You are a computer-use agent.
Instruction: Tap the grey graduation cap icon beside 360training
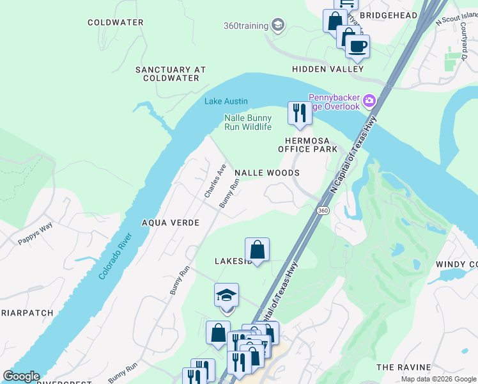(277, 26)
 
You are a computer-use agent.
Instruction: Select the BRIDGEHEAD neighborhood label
(389, 15)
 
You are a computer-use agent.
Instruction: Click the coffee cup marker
(357, 46)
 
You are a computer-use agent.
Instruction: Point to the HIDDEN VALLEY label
(328, 69)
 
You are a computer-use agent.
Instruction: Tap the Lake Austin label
(226, 101)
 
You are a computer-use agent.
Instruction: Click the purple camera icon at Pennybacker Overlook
(369, 101)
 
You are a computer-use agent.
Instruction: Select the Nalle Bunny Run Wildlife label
(248, 122)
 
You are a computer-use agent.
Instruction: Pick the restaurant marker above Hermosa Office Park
(300, 113)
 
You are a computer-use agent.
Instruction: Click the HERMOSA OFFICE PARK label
(307, 145)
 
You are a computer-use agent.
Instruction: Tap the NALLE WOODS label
(266, 173)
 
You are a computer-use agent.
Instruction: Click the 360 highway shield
(321, 211)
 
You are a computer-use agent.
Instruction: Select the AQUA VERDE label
(171, 223)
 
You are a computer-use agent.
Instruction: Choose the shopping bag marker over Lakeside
(257, 250)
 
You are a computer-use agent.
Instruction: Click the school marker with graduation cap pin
(226, 295)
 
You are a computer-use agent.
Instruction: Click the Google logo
(21, 376)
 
